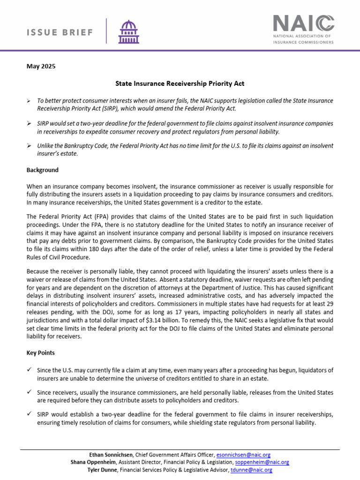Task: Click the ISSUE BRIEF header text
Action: coord(59,32)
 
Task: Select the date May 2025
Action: coord(41,66)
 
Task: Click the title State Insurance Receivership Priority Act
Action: coord(180,83)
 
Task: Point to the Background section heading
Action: coord(43,170)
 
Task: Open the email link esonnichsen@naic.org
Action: coord(243,455)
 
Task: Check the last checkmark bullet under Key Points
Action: coord(29,414)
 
